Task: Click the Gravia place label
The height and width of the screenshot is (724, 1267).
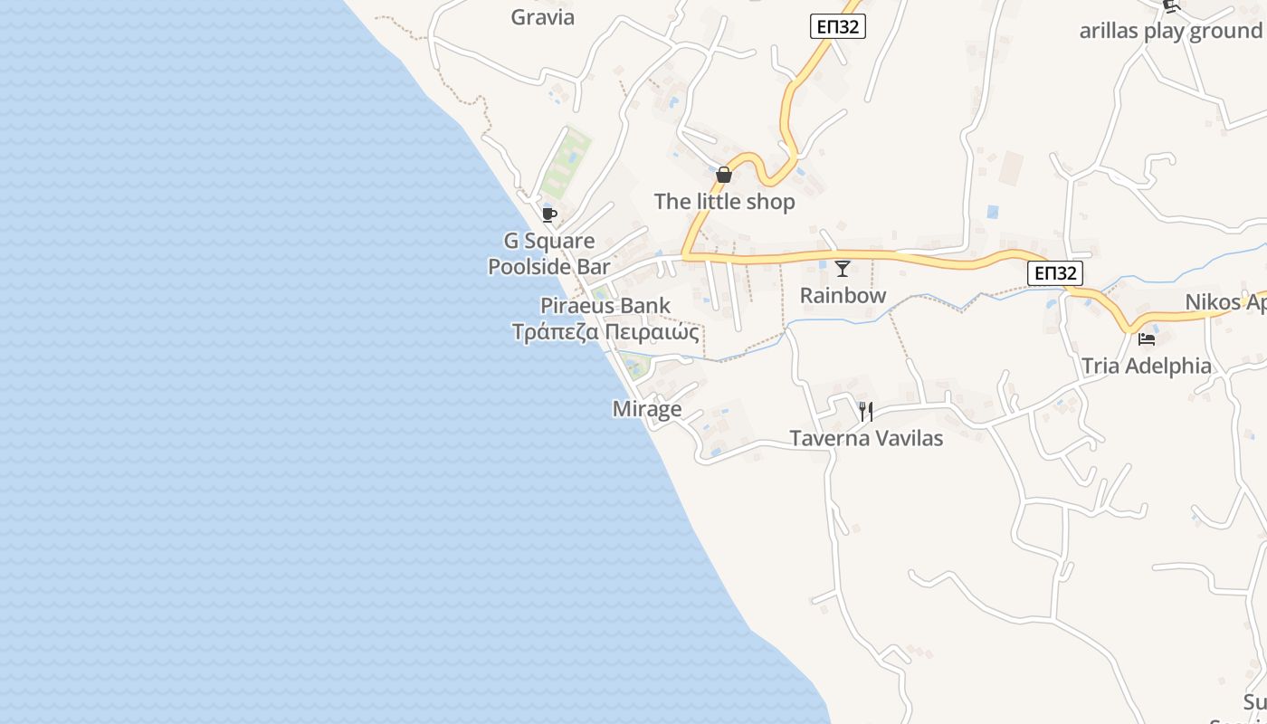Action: [542, 17]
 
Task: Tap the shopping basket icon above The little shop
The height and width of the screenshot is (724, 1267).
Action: [724, 175]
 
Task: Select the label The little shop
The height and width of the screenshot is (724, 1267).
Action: [724, 202]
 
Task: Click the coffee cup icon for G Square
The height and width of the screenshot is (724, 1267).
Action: [548, 214]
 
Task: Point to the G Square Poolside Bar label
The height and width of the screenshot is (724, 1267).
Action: [549, 253]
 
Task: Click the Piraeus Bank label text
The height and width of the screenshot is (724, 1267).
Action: [605, 305]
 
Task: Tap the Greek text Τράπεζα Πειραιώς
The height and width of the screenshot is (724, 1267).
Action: [605, 332]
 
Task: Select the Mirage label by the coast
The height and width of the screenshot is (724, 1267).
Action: [646, 409]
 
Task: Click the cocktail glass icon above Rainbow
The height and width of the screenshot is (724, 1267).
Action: [843, 268]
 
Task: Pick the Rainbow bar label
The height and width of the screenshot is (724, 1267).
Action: [843, 296]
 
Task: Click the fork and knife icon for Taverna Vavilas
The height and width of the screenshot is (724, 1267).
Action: [866, 412]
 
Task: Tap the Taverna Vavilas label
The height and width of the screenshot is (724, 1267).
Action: [866, 439]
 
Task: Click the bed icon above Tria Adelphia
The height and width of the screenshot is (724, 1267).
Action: [1147, 339]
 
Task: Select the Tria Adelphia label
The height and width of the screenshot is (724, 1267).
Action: [1147, 366]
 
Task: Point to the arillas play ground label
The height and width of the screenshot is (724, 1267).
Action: [1170, 31]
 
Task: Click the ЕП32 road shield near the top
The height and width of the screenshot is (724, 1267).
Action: [837, 27]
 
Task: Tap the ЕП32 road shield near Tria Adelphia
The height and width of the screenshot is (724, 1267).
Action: [1055, 272]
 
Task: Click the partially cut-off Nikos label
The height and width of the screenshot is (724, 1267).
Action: [1225, 302]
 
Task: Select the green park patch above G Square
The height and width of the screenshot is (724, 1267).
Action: [567, 163]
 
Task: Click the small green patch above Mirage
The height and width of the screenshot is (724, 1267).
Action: [636, 367]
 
